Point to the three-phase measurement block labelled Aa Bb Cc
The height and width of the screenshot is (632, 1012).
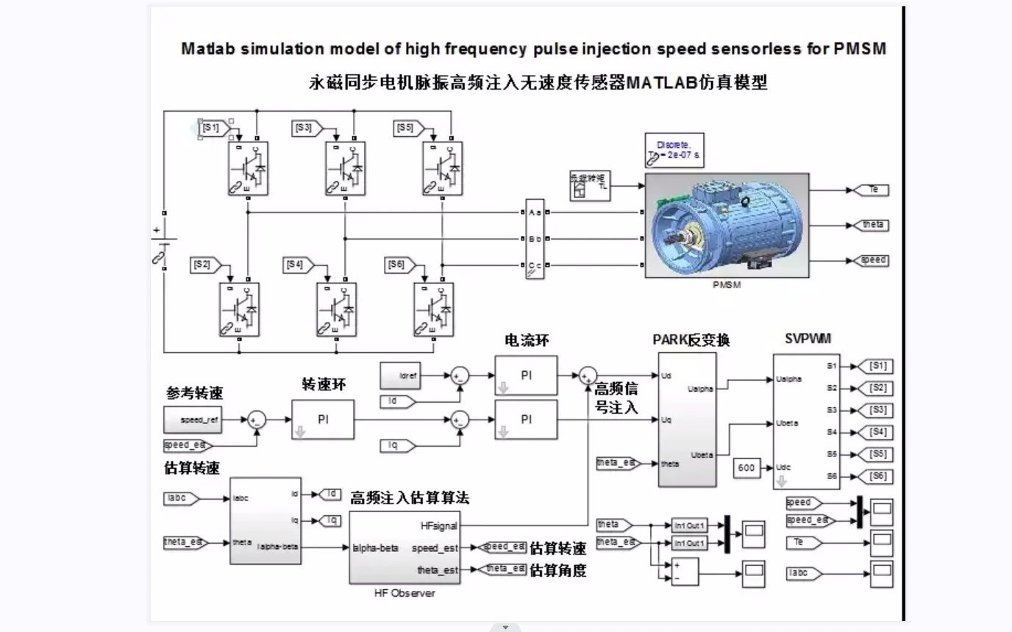coord(535,239)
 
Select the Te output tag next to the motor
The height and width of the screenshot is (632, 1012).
coord(872,190)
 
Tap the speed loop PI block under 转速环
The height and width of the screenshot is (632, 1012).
coord(323,420)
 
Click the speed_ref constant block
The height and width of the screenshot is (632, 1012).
coord(193,420)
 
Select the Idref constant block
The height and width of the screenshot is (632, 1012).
coord(403,375)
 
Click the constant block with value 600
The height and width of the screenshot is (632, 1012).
coord(746,467)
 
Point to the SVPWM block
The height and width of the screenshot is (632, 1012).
coord(807,421)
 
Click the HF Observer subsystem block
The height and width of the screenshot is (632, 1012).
coord(405,547)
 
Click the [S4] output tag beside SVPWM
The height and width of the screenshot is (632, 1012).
coord(877,432)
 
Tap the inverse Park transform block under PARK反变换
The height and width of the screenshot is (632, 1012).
coord(687,420)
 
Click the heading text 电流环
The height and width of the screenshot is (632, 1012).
coord(527,340)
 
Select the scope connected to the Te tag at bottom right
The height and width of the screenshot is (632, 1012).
coord(881,542)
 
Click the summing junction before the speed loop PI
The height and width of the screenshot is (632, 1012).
coord(257,420)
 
